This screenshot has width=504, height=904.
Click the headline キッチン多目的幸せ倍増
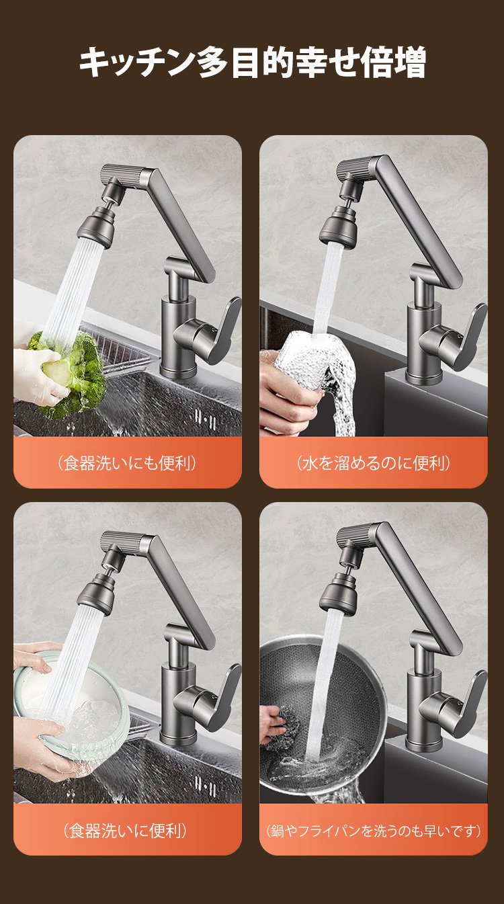click(x=252, y=62)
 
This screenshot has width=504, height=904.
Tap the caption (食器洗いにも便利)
click(x=127, y=463)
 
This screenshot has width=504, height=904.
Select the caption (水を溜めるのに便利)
click(x=373, y=463)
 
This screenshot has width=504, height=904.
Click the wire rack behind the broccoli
click(x=117, y=347)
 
